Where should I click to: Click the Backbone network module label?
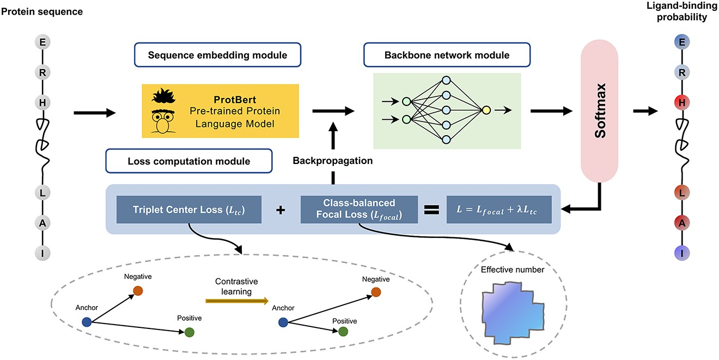[447, 55]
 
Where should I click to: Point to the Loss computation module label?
[189, 161]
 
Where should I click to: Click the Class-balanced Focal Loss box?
[359, 210]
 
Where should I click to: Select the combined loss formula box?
[498, 210]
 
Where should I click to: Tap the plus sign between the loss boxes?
[281, 210]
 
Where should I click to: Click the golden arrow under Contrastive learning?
[237, 300]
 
